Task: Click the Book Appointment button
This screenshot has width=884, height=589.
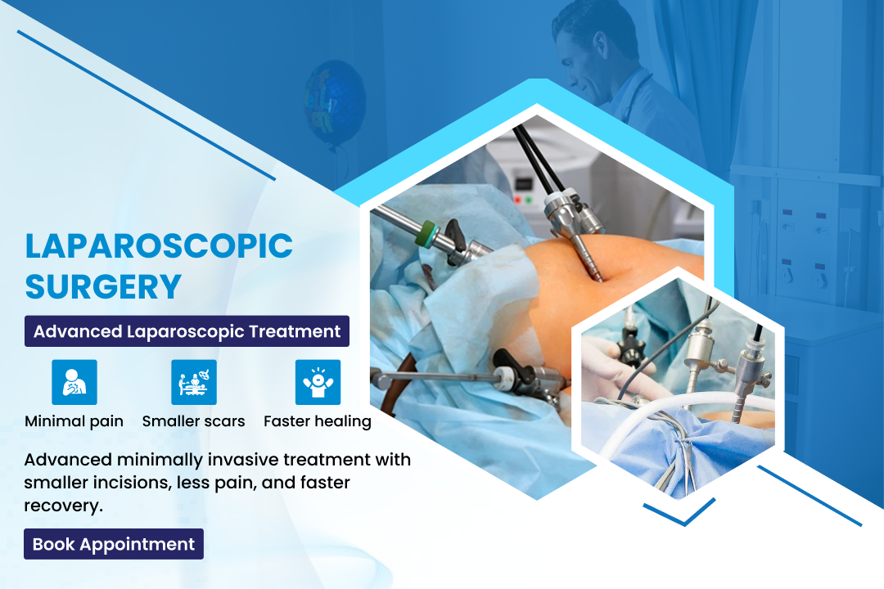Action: (x=113, y=544)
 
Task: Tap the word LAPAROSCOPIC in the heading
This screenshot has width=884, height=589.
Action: (x=159, y=245)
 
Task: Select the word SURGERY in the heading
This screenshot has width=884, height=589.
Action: (x=103, y=286)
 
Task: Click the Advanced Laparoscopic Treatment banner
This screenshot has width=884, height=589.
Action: (x=187, y=330)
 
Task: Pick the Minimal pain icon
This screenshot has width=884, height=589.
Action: (x=74, y=382)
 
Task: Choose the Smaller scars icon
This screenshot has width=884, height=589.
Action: (x=194, y=382)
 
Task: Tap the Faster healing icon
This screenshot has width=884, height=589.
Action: (x=318, y=382)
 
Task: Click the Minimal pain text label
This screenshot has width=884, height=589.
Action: (x=74, y=421)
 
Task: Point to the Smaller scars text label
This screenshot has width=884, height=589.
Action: (x=193, y=421)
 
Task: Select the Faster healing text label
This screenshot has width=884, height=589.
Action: (x=318, y=421)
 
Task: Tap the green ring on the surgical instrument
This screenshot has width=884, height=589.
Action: (x=429, y=233)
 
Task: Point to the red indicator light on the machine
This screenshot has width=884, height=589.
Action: (x=517, y=200)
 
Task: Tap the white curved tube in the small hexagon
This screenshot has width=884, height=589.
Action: (x=677, y=405)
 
